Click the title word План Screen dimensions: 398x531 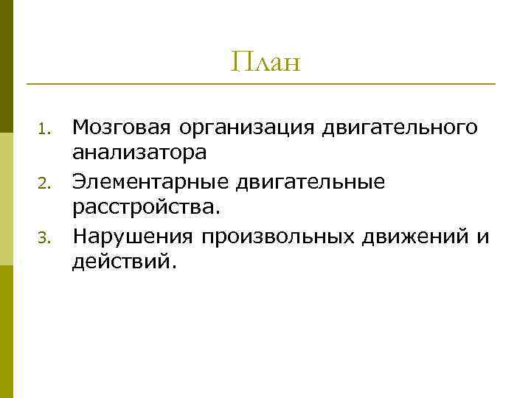coord(265,62)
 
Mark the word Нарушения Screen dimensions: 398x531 coord(133,236)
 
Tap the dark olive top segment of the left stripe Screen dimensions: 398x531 coord(7,66)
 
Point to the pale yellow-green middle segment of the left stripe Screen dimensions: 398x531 coord(7,199)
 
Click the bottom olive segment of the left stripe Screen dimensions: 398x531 coord(7,332)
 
